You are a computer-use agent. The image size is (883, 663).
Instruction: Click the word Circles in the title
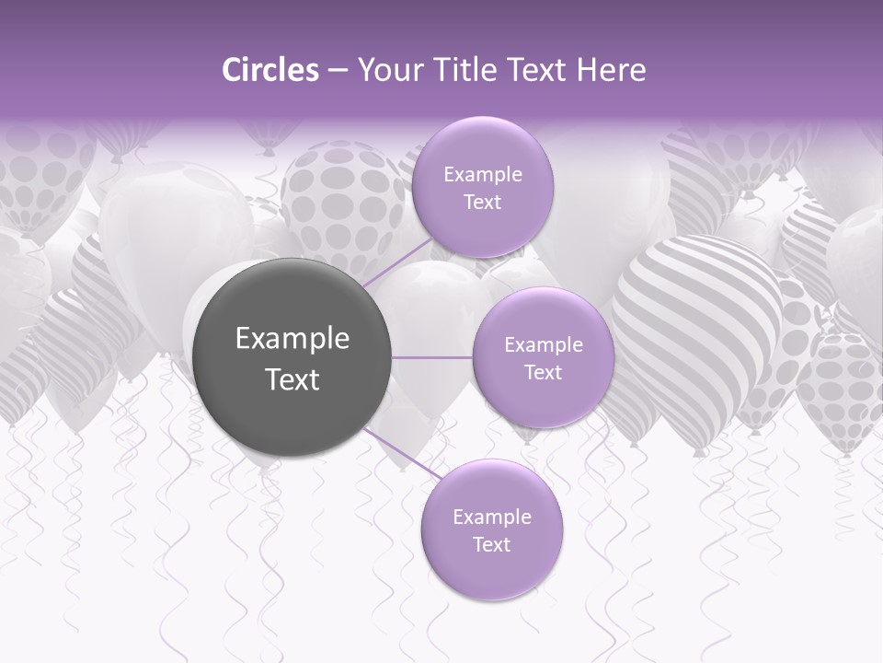point(269,70)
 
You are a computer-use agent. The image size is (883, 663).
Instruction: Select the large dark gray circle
point(292,357)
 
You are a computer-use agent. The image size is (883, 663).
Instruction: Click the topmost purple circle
point(482,188)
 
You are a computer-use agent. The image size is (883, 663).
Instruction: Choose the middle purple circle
point(543,357)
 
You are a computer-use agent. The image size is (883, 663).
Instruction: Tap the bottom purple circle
point(491,530)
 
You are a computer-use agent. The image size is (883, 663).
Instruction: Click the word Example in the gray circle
point(292,339)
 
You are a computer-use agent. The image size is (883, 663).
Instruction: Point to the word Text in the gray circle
point(292,379)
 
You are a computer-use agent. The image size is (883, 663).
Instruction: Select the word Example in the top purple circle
point(482,175)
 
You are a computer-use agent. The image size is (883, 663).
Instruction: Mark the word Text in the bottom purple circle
point(491,544)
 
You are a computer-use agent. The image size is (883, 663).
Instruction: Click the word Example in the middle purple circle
point(543,345)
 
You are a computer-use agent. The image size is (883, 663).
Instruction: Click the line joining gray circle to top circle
point(396,262)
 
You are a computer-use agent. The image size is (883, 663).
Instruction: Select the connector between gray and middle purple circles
point(432,357)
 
